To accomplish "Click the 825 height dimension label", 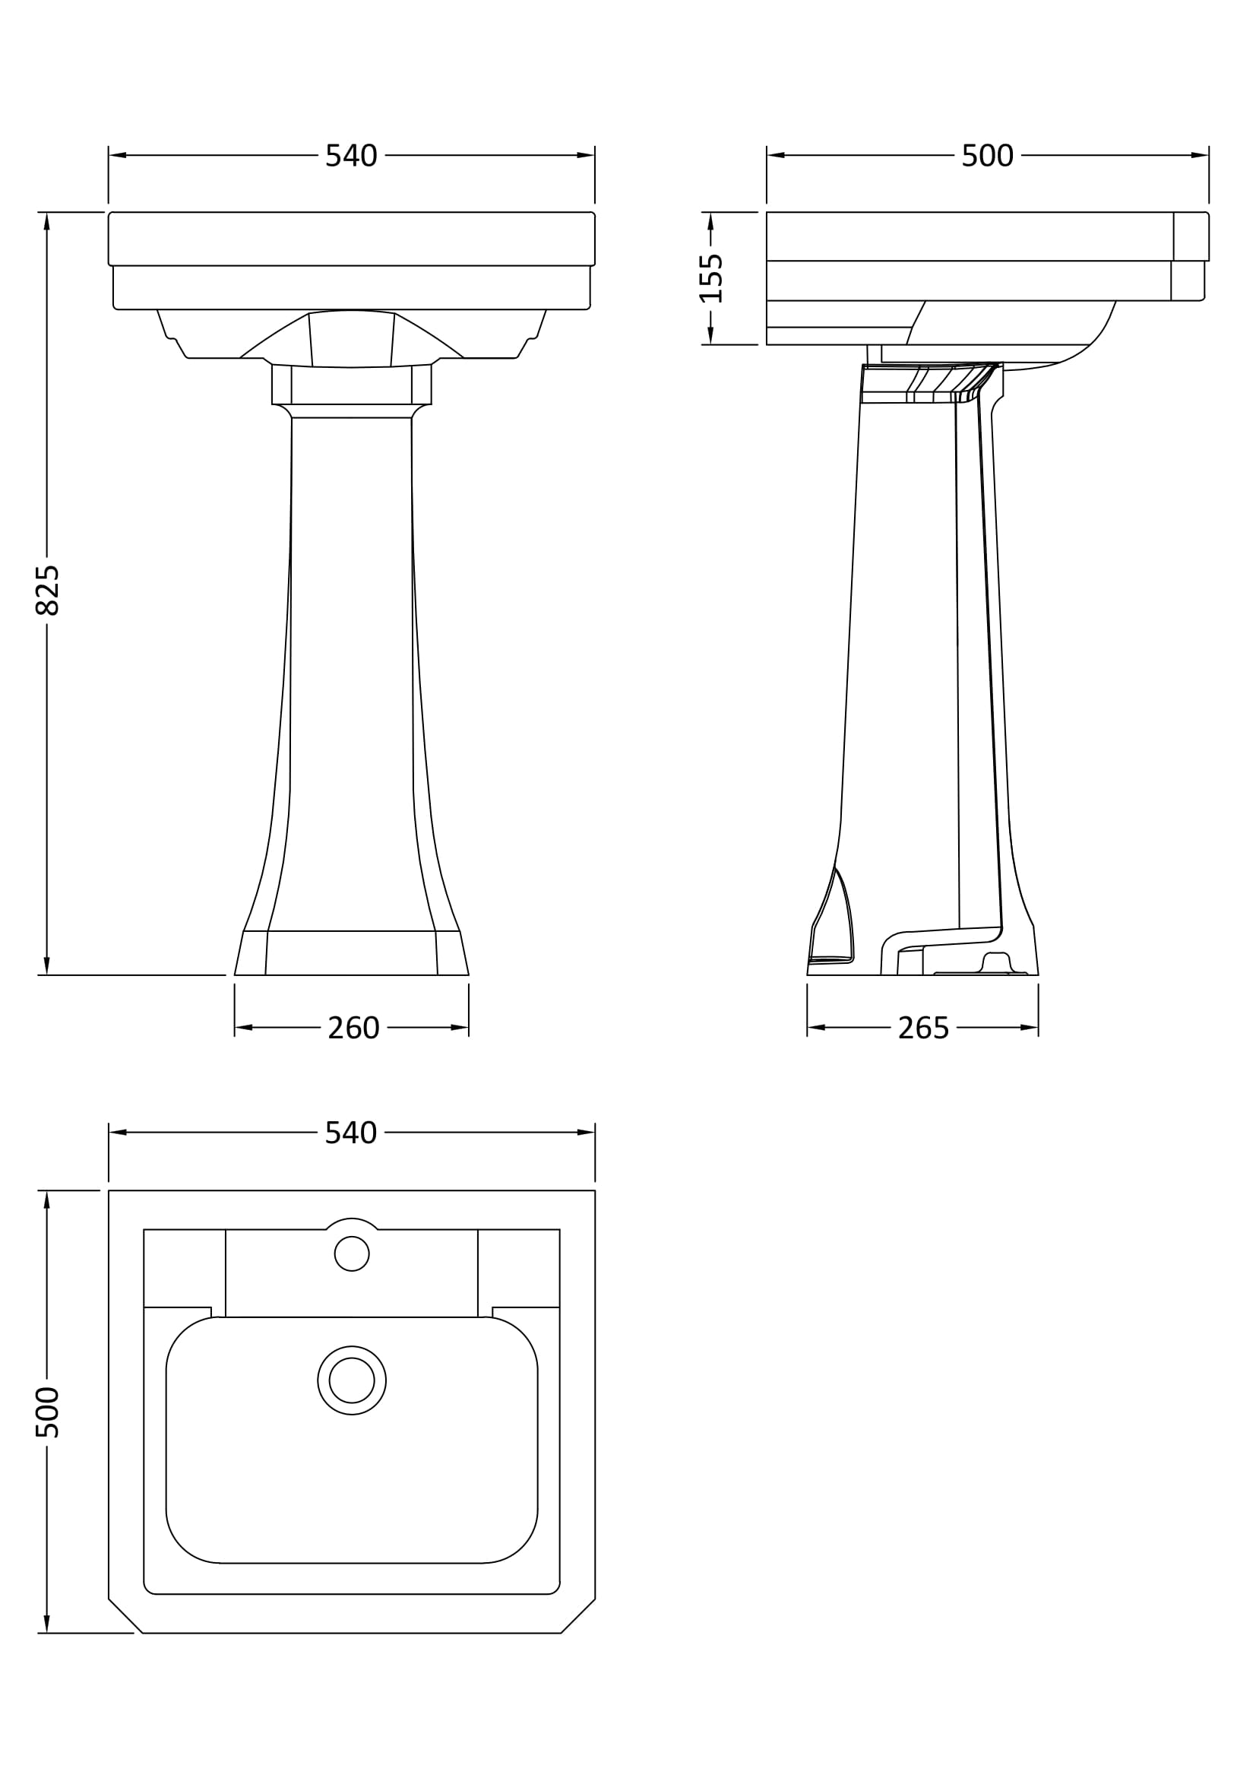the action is point(47,590).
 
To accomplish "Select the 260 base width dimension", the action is point(353,1028).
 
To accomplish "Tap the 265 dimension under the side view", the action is point(923,1028).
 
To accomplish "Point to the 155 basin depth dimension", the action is point(710,278).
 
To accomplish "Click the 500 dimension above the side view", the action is point(988,156).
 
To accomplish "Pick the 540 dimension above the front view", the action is point(351,156).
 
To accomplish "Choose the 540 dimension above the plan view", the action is point(351,1133).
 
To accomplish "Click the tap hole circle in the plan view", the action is point(352,1253).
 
